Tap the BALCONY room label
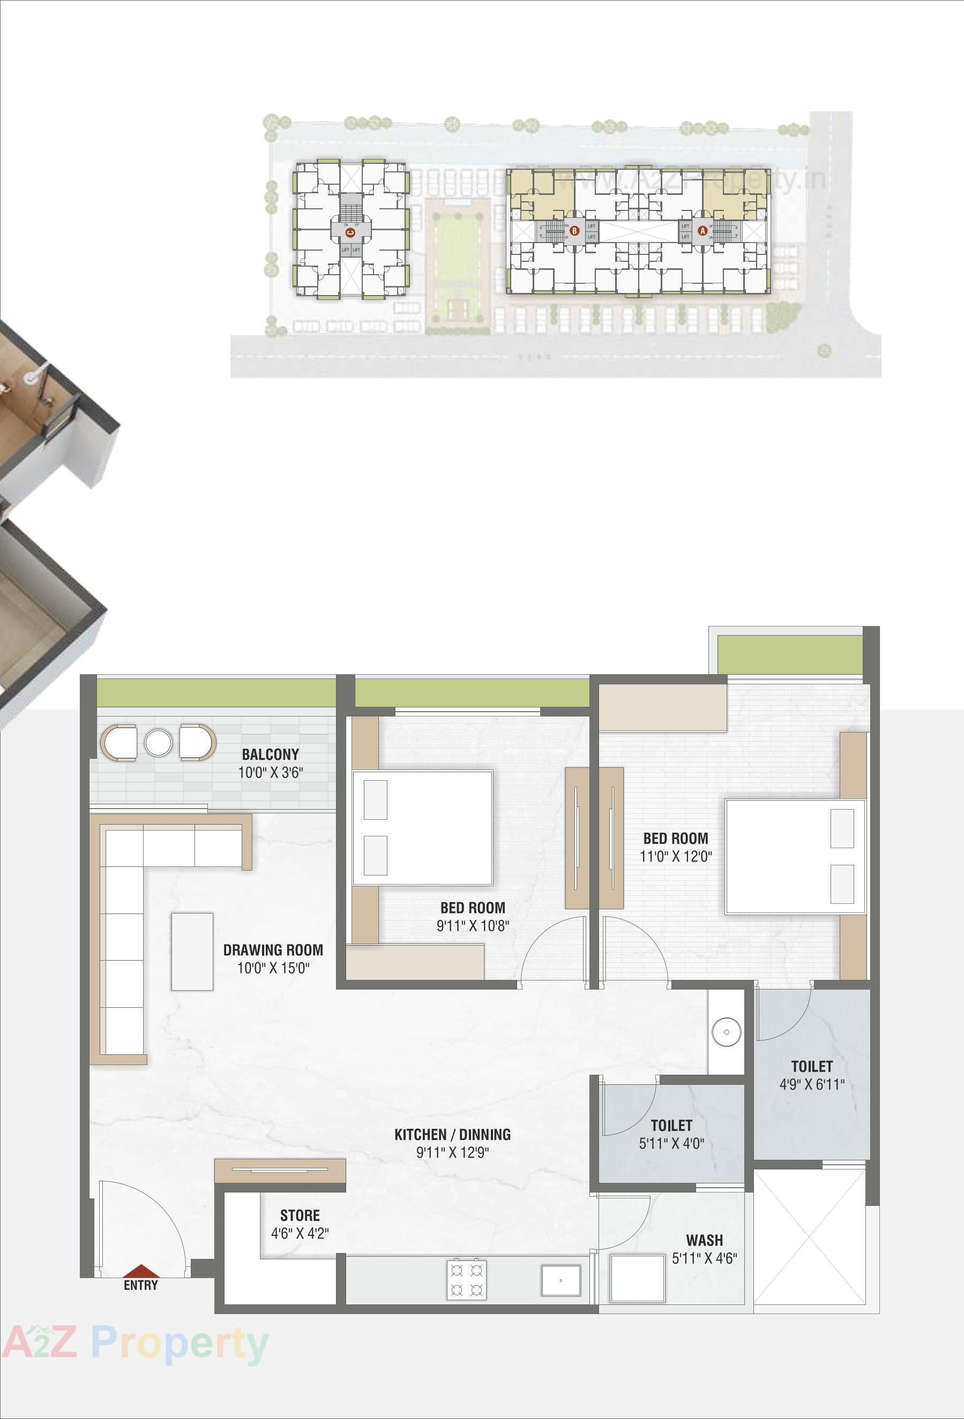click(x=270, y=754)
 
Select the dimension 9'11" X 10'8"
click(x=472, y=926)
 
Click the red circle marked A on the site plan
click(x=703, y=231)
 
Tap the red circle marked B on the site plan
click(x=574, y=231)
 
